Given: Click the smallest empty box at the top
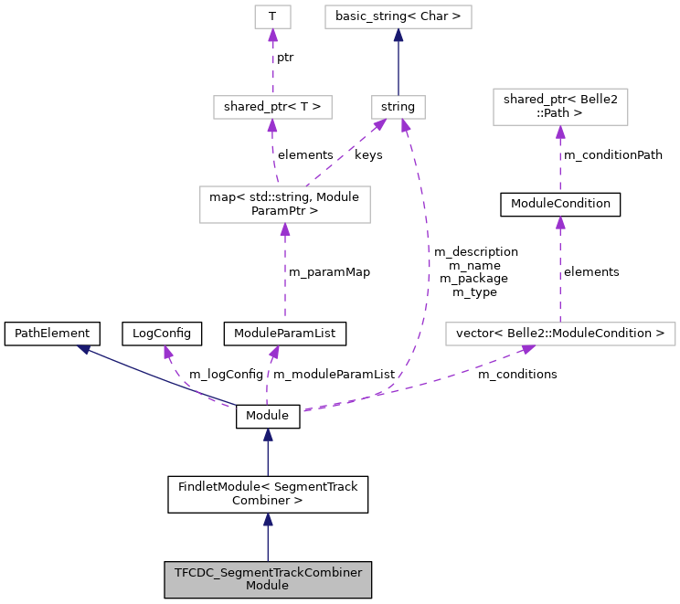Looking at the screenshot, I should click(x=272, y=16).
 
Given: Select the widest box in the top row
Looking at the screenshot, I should click(x=398, y=16).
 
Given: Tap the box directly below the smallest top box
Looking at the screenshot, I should click(x=272, y=107).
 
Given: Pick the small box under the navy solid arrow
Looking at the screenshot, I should click(x=398, y=107).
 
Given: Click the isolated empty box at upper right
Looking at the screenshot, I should click(x=560, y=107).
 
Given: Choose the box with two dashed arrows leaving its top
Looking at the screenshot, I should click(x=284, y=204).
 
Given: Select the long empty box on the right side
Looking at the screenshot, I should click(x=560, y=334).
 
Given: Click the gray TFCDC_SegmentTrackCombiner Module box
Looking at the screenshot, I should click(x=268, y=579).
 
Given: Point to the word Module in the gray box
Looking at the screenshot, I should click(x=268, y=586).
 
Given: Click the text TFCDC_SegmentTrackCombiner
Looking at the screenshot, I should click(x=268, y=573).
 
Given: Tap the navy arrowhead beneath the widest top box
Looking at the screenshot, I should click(x=398, y=36).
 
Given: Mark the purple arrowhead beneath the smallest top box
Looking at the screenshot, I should click(x=272, y=36).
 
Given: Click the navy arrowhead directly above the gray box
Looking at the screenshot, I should click(x=268, y=520).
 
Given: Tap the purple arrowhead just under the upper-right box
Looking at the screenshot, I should click(x=560, y=132).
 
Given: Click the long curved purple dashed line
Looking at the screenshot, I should click(x=428, y=265).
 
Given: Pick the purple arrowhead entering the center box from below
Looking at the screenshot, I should click(x=285, y=230).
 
